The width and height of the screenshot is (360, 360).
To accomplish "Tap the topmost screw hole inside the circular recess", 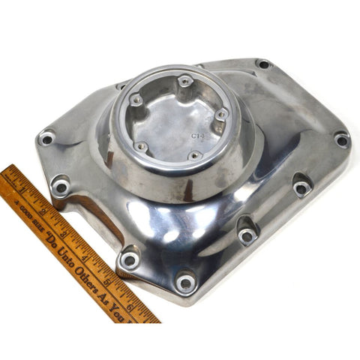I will [184, 80].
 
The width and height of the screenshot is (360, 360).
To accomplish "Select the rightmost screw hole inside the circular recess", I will [221, 114].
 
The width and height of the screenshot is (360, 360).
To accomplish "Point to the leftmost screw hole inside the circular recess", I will [136, 99].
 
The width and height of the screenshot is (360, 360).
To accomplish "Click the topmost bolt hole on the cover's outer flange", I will [262, 64].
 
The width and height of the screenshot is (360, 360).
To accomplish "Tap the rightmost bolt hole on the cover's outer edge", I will [341, 139].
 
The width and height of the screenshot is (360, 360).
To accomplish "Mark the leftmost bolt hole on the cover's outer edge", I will [46, 138].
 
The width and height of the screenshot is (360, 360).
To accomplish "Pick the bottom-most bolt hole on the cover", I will [185, 283].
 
